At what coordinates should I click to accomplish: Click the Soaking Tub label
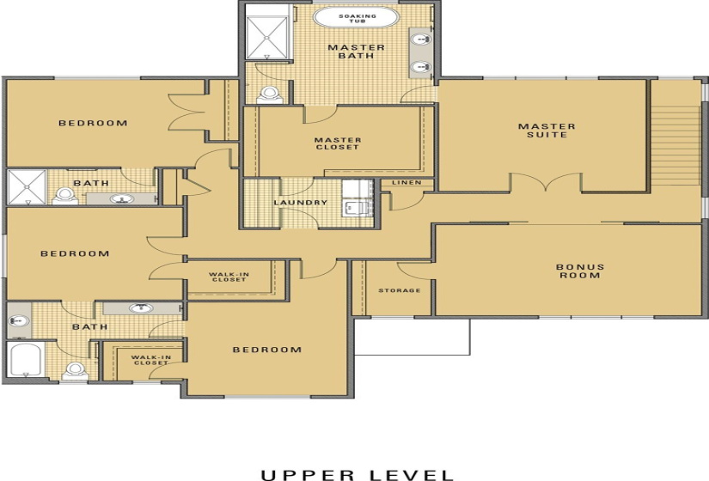coord(358,19)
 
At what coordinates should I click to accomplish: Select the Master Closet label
coord(338,143)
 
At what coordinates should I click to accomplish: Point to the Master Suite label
coord(547,131)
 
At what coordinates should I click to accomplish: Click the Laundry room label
coord(300,203)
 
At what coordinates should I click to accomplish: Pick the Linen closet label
coord(406,183)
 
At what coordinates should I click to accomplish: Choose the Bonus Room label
coord(580,271)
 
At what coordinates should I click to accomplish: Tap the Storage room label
coord(400,290)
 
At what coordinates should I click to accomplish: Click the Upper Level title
coord(358,475)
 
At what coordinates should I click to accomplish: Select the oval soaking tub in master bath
coord(357,19)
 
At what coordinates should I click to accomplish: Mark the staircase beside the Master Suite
coord(676,145)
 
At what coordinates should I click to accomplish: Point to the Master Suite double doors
coord(547,182)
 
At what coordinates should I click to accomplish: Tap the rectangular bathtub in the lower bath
coord(26,359)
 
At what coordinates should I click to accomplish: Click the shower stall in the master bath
coord(266,38)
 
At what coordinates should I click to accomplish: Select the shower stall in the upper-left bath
coord(28,187)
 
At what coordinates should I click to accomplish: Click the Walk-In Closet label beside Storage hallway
coord(229,277)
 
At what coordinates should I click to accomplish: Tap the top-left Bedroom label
coord(93,123)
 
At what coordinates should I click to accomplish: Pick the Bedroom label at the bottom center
coord(266,350)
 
